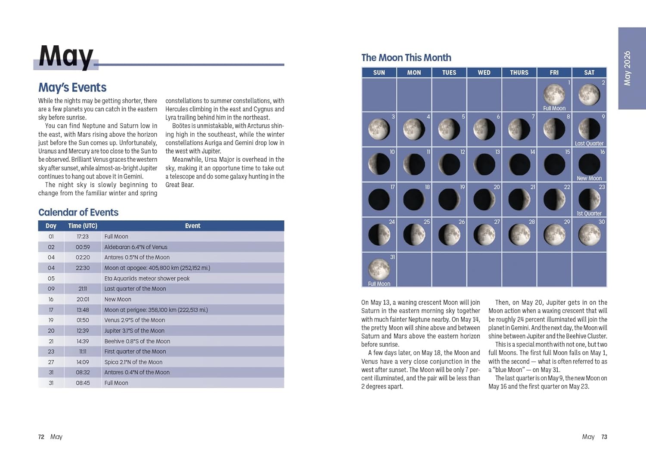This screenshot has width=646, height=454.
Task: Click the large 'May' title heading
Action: [x=66, y=56]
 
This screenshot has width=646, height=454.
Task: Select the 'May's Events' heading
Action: [x=72, y=88]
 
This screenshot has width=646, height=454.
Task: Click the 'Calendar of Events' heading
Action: [x=78, y=212]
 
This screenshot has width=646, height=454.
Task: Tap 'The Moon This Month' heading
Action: [x=406, y=58]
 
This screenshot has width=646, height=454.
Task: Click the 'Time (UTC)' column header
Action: [x=83, y=226]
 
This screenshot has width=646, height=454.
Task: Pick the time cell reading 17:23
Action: [x=83, y=237]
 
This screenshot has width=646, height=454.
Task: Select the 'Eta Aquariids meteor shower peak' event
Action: [x=147, y=279]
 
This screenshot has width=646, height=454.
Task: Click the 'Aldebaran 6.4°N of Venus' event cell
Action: [x=136, y=247]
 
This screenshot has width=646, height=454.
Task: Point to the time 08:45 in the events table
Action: [x=83, y=383]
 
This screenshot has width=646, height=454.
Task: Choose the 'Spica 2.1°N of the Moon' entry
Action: [x=133, y=362]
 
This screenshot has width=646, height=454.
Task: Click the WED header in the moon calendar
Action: [x=484, y=72]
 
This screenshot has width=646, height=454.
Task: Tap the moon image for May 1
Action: [x=554, y=94]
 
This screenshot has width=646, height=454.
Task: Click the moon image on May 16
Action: [x=589, y=164]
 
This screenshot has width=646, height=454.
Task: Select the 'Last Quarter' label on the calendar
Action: [x=589, y=144]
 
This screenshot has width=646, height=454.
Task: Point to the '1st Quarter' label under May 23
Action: [x=589, y=213]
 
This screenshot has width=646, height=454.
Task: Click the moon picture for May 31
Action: [x=379, y=269]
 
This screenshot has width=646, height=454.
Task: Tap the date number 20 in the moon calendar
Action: [x=497, y=187]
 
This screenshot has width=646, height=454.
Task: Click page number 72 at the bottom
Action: [x=41, y=437]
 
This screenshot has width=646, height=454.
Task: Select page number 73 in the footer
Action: [x=604, y=437]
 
